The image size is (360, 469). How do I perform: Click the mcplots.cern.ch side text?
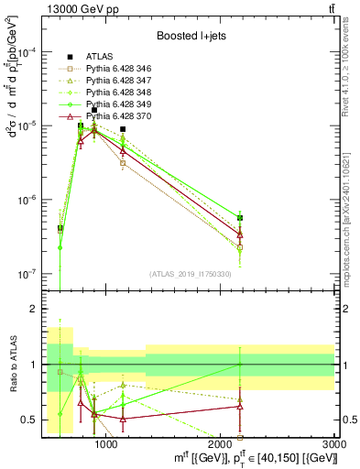click(351, 220)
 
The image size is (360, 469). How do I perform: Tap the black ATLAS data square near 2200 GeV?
click(240, 218)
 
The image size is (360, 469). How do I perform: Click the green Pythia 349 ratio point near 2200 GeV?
click(240, 365)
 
